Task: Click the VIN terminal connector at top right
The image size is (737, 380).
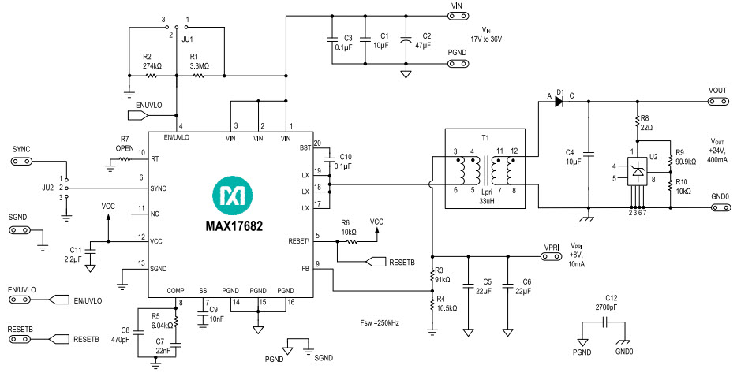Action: click(x=456, y=15)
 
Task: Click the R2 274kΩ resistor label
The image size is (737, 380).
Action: click(x=152, y=62)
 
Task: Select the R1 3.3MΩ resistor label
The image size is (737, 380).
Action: click(x=199, y=62)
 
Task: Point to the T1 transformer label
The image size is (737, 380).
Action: click(x=485, y=136)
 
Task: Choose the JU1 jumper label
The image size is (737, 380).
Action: click(x=188, y=36)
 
